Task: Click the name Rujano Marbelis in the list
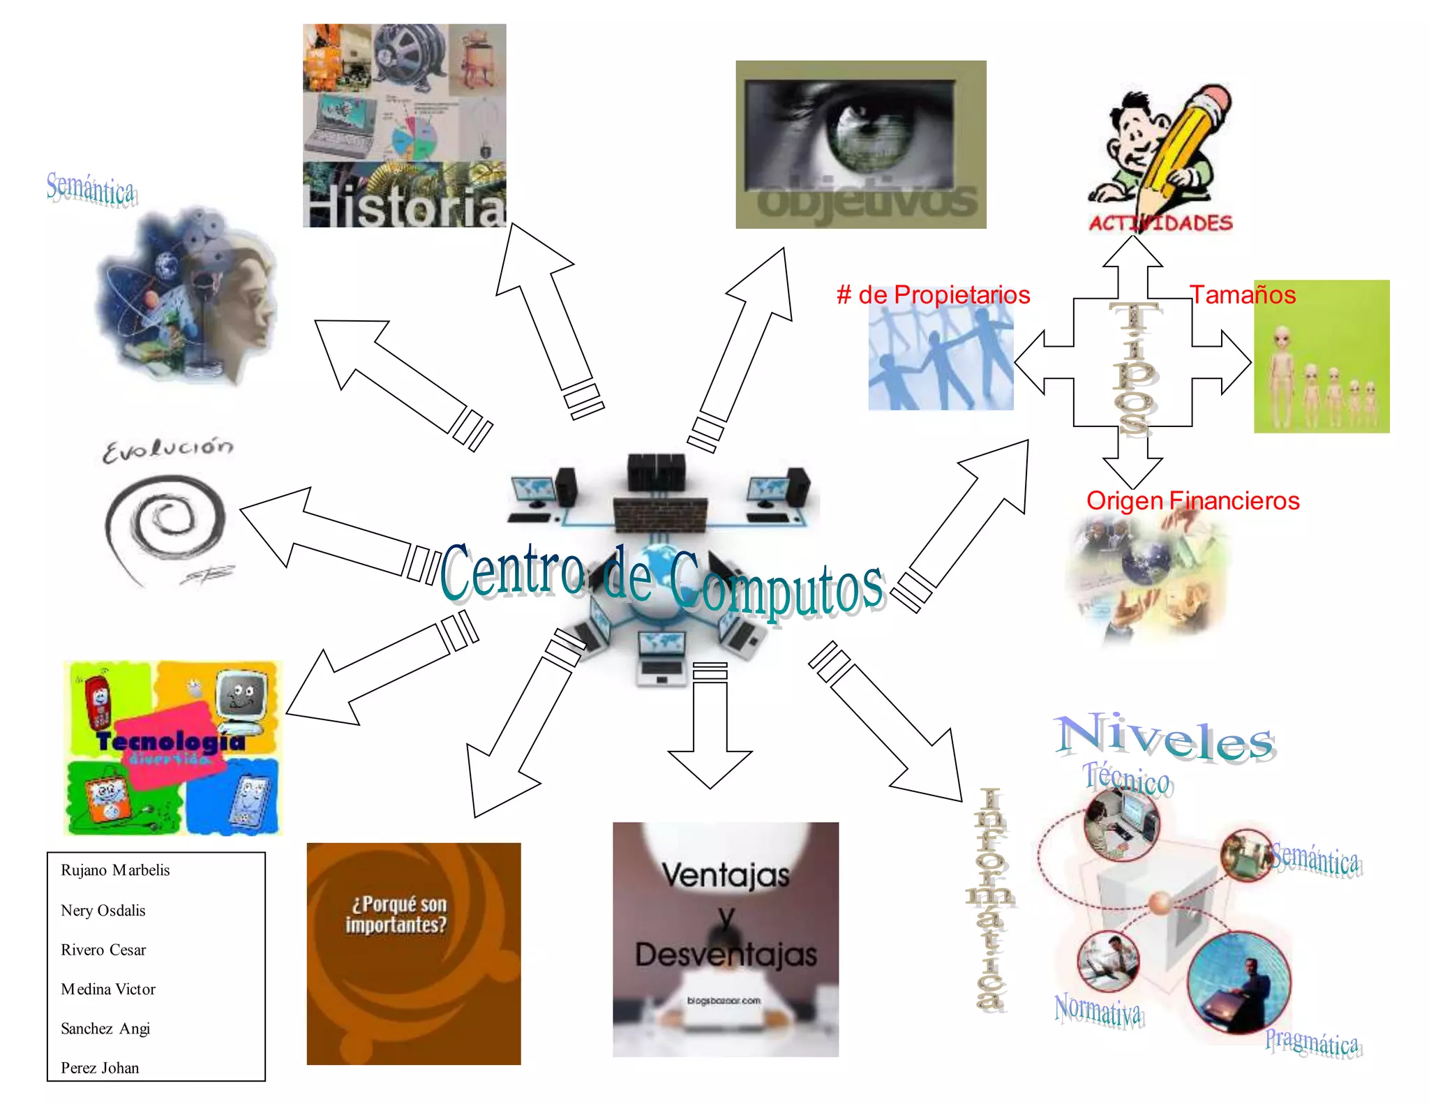(115, 870)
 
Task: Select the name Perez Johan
(100, 1068)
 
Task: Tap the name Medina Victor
(108, 989)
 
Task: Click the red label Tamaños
(1243, 294)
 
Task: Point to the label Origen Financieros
(1192, 500)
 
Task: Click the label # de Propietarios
(933, 294)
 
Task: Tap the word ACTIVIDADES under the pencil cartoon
(1160, 223)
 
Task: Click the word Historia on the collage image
(405, 207)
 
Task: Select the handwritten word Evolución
(168, 449)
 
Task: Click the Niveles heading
(1165, 738)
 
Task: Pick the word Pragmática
(1312, 1043)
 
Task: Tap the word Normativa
(1098, 1009)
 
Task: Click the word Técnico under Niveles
(1127, 779)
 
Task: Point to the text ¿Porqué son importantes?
(396, 914)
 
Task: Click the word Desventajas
(726, 955)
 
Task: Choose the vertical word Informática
(990, 900)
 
